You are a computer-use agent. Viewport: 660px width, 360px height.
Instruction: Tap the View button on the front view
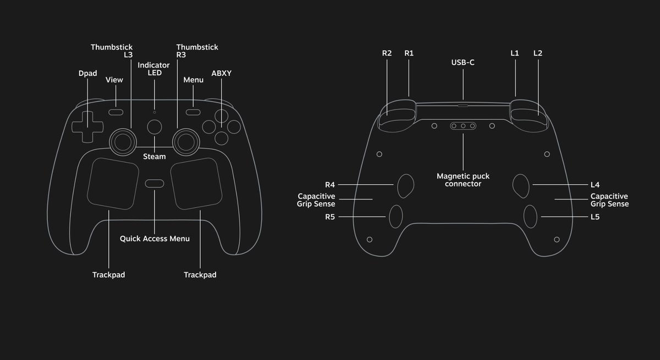click(x=116, y=112)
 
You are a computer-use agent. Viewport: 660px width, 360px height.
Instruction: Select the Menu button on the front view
click(x=193, y=112)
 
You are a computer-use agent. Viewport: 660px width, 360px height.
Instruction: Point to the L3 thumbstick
click(x=123, y=142)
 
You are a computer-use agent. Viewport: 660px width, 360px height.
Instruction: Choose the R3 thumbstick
click(x=186, y=142)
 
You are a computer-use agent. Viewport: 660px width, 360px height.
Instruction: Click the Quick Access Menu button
click(x=155, y=183)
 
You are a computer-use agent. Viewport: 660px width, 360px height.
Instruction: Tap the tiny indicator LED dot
click(x=155, y=112)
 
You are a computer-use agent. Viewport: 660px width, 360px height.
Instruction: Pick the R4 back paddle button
click(x=406, y=185)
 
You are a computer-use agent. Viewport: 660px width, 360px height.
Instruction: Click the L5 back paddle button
click(x=530, y=217)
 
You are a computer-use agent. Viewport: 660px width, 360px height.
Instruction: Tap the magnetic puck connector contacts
click(x=463, y=126)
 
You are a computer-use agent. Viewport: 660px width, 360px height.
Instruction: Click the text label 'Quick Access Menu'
click(x=155, y=239)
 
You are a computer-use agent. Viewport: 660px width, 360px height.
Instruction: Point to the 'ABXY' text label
click(x=222, y=73)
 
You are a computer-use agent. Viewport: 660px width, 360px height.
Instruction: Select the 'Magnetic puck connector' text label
click(x=463, y=180)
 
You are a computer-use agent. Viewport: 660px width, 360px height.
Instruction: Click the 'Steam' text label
click(x=155, y=157)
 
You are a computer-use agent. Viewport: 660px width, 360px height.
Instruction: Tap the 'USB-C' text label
click(x=463, y=63)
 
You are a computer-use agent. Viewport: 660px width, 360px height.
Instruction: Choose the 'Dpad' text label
click(x=88, y=73)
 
